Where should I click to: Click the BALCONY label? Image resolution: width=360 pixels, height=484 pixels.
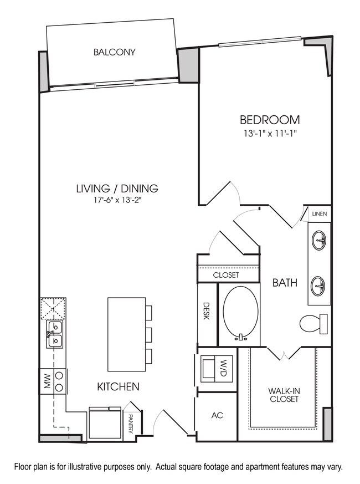[115, 53]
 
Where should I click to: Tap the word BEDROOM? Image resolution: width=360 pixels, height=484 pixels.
[270, 119]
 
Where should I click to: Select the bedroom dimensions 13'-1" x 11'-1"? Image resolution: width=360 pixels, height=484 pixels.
[270, 133]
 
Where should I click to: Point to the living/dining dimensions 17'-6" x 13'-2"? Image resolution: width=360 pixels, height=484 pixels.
[117, 201]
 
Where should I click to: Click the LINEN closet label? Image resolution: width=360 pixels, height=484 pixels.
[319, 213]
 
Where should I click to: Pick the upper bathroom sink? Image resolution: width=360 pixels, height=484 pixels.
[320, 241]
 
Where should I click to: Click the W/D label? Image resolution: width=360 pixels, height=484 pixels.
[223, 366]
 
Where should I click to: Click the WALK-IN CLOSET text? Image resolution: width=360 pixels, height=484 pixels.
[285, 395]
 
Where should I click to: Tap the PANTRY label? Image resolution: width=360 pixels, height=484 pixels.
[131, 424]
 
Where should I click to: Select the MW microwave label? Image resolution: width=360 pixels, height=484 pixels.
[47, 380]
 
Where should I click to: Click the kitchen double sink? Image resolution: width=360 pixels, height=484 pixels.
[54, 334]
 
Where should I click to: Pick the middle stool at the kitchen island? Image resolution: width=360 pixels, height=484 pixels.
[148, 333]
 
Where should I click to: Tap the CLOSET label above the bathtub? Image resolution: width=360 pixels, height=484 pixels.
[226, 275]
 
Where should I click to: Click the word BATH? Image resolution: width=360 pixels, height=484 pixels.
[285, 283]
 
